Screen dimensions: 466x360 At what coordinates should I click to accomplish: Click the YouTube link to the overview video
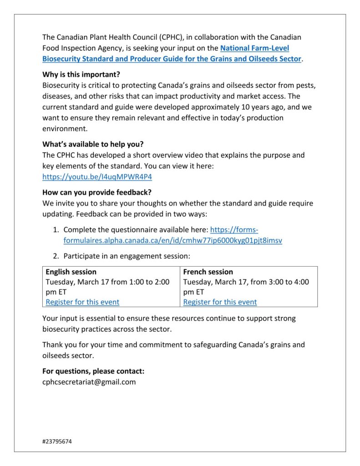(x=97, y=177)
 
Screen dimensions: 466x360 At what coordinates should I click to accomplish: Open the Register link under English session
(x=82, y=302)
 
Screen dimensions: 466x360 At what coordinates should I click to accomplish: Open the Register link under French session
(x=220, y=302)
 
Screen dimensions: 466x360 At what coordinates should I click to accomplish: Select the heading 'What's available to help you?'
(x=93, y=144)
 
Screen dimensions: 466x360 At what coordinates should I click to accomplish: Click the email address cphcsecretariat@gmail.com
(x=89, y=382)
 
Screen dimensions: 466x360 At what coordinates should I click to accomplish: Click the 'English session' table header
(x=71, y=272)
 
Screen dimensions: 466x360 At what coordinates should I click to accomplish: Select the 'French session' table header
(x=208, y=272)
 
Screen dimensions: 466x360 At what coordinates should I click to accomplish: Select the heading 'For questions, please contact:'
(x=93, y=371)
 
